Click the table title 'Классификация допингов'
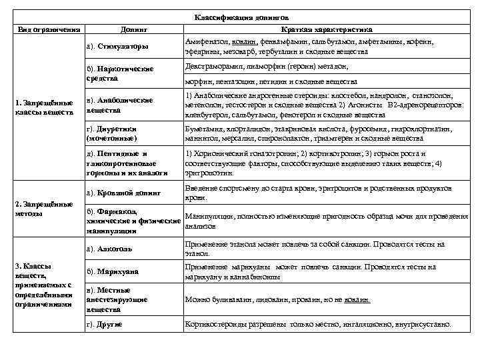pyautogui.click(x=241, y=18)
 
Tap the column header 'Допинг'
pyautogui.click(x=133, y=30)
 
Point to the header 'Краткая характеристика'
pyautogui.click(x=327, y=30)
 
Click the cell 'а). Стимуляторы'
pyautogui.click(x=118, y=47)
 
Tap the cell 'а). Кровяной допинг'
pyautogui.click(x=124, y=193)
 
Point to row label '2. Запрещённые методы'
pyautogui.click(x=43, y=209)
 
